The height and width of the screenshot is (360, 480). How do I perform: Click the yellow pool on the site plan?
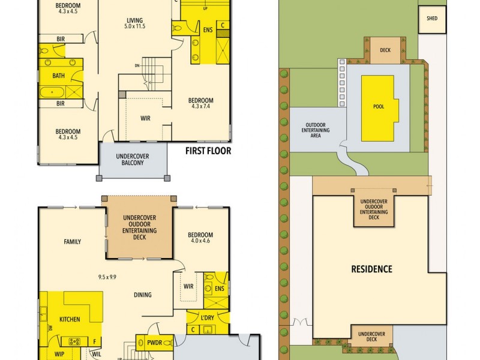(378, 107)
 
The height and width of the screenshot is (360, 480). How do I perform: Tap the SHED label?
(432, 19)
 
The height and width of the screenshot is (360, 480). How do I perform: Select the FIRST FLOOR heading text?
(208, 151)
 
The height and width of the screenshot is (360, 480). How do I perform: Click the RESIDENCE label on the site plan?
(371, 269)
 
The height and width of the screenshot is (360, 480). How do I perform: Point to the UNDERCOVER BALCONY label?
(132, 160)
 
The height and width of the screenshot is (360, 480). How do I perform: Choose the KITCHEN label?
(69, 319)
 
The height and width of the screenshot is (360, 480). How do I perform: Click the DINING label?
(143, 295)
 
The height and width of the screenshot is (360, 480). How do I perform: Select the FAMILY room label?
(73, 242)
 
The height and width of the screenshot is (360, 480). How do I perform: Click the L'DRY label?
(208, 317)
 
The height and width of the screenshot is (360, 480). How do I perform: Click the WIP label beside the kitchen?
(59, 354)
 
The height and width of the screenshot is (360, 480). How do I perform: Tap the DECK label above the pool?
(385, 50)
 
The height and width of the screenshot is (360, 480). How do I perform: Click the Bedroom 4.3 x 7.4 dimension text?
(201, 107)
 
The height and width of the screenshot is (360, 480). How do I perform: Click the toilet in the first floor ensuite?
(179, 28)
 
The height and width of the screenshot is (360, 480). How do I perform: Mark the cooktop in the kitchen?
(75, 341)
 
